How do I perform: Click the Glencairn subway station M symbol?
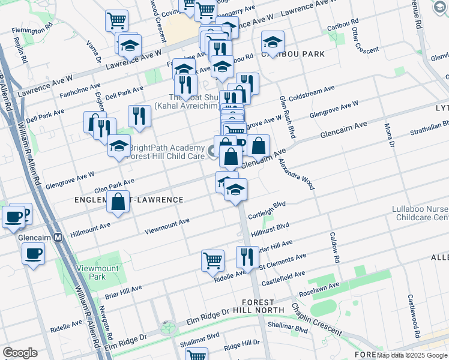click(x=58, y=237)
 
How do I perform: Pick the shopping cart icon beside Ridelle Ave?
click(x=212, y=262)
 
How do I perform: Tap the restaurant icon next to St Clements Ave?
click(x=247, y=257)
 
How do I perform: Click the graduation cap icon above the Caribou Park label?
click(x=273, y=42)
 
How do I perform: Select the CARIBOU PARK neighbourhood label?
click(x=293, y=54)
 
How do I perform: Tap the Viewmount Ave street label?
click(x=167, y=225)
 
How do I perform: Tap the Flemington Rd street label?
click(x=35, y=28)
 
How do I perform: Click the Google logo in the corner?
click(x=20, y=353)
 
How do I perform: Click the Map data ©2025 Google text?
click(x=411, y=355)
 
